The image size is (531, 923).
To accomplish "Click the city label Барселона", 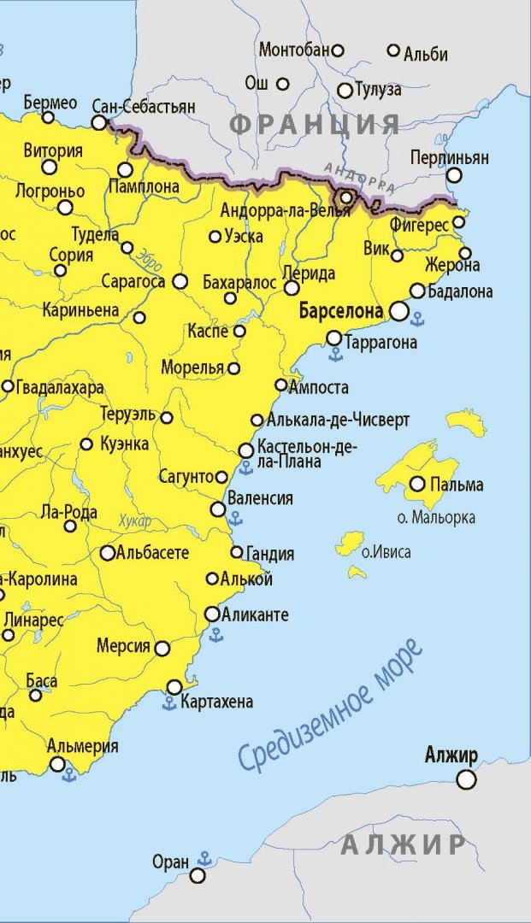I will (x=341, y=312).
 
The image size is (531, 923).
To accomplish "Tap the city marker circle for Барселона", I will (x=399, y=312).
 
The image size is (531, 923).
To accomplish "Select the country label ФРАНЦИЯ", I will (x=315, y=124).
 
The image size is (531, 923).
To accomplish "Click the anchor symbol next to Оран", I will (x=204, y=857).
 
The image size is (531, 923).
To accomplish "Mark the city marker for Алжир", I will (x=466, y=779).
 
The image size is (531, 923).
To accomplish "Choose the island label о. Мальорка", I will (x=437, y=517).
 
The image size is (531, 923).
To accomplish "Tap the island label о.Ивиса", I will (x=386, y=552).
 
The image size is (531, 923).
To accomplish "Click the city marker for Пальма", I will (x=417, y=485).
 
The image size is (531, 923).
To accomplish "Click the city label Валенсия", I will (x=260, y=498).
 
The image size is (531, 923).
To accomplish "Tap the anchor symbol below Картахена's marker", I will (x=169, y=703).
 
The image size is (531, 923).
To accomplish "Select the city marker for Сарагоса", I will (x=180, y=281).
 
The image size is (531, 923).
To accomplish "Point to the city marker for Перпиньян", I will (x=454, y=175).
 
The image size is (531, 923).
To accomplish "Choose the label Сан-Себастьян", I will (x=156, y=107).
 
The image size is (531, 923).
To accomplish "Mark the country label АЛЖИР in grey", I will (x=403, y=845).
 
